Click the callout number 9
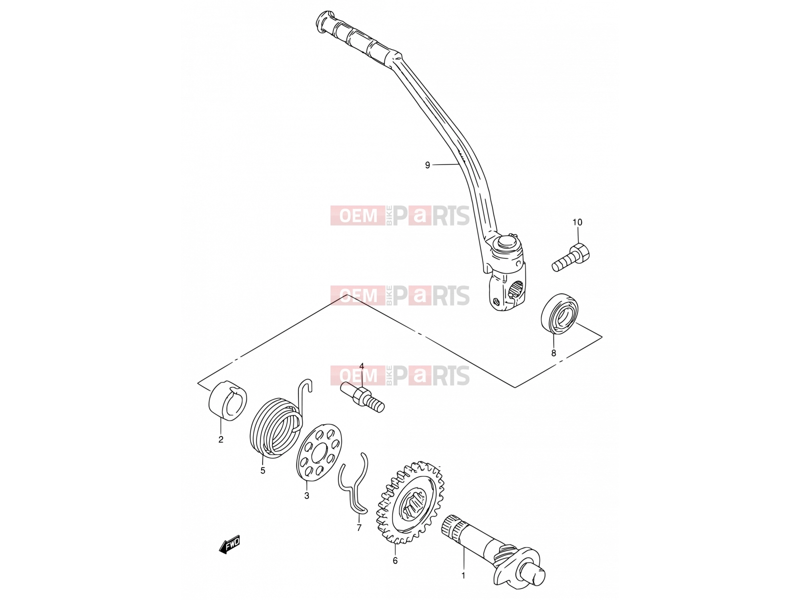427,165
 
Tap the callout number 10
577,222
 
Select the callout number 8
553,352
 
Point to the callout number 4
361,366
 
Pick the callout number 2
221,439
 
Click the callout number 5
263,470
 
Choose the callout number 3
306,495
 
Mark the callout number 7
359,527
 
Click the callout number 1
463,576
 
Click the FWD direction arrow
229,544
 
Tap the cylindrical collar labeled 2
227,401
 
